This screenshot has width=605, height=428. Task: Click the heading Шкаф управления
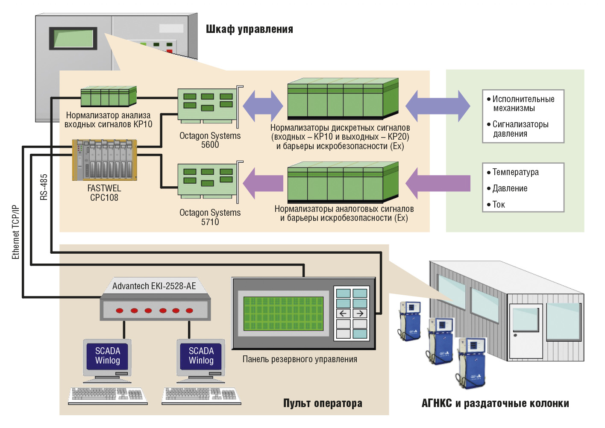click(249, 29)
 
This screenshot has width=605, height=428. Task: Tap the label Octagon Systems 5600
click(210, 140)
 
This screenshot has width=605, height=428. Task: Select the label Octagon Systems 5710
click(210, 217)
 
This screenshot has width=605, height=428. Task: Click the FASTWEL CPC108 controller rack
click(105, 160)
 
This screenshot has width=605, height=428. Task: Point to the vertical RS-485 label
click(44, 187)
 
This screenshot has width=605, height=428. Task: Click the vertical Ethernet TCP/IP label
click(16, 232)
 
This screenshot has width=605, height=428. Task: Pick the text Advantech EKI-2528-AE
click(154, 286)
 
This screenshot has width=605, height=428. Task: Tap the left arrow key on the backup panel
click(343, 314)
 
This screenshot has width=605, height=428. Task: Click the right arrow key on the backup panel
click(360, 314)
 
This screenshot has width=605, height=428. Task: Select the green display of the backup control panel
click(283, 314)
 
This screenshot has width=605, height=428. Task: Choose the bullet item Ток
click(496, 205)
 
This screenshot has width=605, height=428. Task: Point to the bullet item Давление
click(507, 188)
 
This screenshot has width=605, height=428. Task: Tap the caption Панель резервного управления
click(300, 359)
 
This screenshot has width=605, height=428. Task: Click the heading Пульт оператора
click(323, 403)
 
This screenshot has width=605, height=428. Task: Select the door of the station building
click(526, 331)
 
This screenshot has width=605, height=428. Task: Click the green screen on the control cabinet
click(73, 38)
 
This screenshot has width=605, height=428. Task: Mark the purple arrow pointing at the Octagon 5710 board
click(263, 183)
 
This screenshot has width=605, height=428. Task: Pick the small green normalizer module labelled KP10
click(109, 97)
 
